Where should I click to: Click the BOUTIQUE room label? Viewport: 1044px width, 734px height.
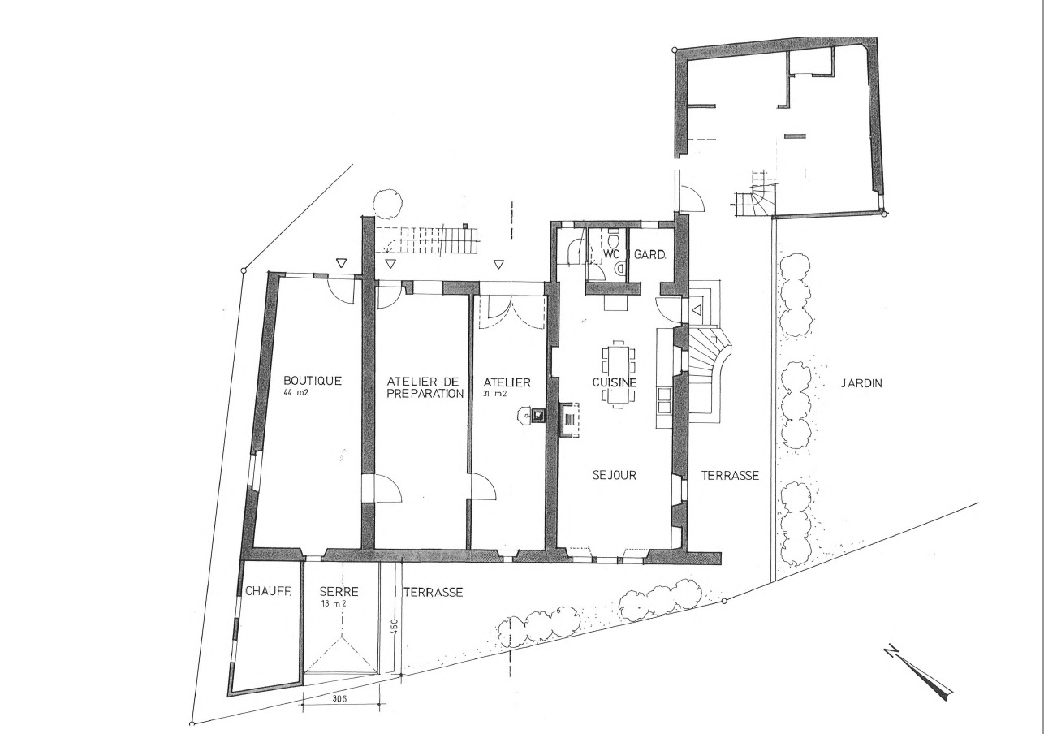pyautogui.click(x=312, y=380)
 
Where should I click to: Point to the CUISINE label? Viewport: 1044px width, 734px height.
pyautogui.click(x=614, y=382)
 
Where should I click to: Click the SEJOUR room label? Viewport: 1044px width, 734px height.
pyautogui.click(x=614, y=475)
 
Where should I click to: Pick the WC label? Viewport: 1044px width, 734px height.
pyautogui.click(x=610, y=254)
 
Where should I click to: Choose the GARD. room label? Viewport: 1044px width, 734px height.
pyautogui.click(x=649, y=254)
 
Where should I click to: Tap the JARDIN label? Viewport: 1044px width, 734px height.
pyautogui.click(x=861, y=383)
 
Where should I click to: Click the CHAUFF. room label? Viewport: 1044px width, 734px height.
pyautogui.click(x=267, y=592)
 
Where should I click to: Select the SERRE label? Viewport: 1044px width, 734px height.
pyautogui.click(x=339, y=592)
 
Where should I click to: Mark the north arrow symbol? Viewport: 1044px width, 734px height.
pyautogui.click(x=921, y=671)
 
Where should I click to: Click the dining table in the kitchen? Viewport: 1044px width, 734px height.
pyautogui.click(x=619, y=373)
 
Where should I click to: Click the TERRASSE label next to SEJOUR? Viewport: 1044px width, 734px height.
pyautogui.click(x=730, y=476)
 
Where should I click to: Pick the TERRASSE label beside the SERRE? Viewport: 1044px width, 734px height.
pyautogui.click(x=433, y=592)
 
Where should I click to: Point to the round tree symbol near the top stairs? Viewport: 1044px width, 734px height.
pyautogui.click(x=387, y=202)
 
